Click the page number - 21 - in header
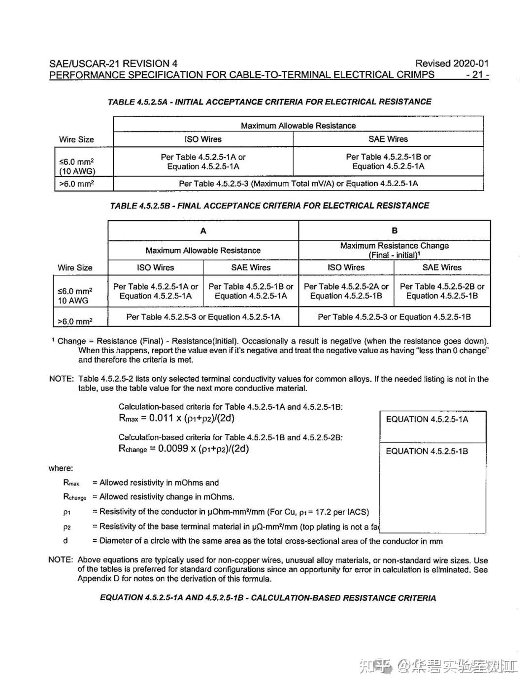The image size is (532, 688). coord(477,75)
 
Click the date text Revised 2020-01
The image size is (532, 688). coord(452,64)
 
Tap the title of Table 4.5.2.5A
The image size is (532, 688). coord(269,102)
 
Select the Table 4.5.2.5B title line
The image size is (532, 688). coord(269,206)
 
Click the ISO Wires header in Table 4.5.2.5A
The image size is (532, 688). coord(203,139)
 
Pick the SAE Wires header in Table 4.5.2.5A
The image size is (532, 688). coord(388,139)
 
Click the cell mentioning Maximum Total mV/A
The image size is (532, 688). coord(298,184)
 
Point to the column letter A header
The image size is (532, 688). coord(203,230)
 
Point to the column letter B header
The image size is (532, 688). coord(395,230)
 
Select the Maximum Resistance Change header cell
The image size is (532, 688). coord(395,250)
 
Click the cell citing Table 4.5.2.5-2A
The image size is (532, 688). coord(346,291)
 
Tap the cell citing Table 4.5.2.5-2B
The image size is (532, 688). coord(442,291)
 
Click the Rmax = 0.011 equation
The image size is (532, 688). coord(176,418)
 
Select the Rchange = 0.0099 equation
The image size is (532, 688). coord(184,449)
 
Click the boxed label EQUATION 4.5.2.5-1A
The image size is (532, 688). coord(427,420)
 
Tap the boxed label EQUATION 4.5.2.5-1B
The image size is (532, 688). coord(427,451)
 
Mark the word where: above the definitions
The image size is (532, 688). coord(61,468)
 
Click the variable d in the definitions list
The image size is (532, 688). coord(66,541)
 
